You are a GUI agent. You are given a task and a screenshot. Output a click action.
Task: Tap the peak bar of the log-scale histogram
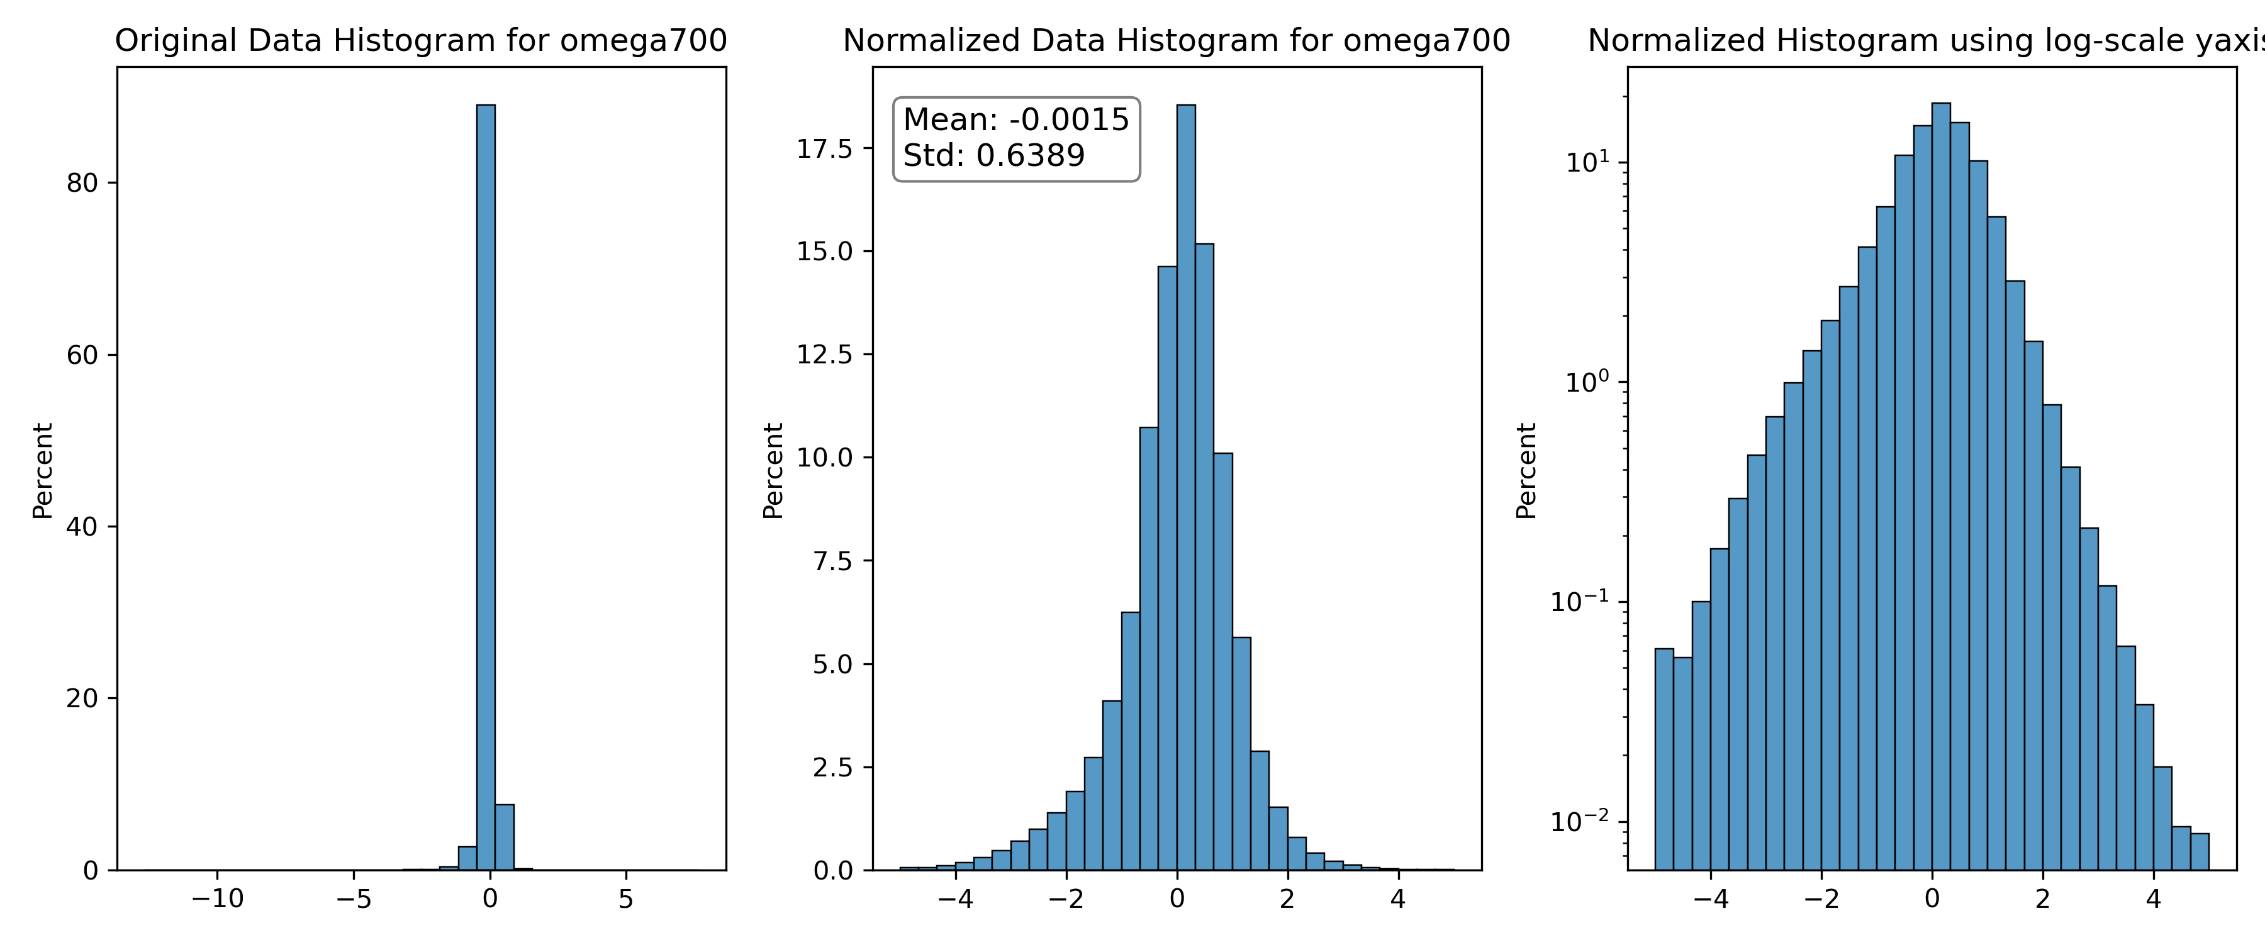1940,486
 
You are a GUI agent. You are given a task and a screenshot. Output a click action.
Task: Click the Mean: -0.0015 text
1015,119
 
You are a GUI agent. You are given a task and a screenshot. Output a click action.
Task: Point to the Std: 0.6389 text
993,155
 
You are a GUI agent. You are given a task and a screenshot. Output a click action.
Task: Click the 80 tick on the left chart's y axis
82,183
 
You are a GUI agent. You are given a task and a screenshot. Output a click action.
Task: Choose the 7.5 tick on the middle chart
832,561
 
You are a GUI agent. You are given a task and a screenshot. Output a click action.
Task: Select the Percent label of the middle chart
773,470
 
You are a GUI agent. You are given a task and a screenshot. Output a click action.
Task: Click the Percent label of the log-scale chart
1526,470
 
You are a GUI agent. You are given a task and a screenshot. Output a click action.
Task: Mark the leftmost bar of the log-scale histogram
1664,759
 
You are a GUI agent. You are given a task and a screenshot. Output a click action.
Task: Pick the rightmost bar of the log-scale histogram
2199,852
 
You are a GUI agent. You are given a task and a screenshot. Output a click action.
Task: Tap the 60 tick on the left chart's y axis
82,355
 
